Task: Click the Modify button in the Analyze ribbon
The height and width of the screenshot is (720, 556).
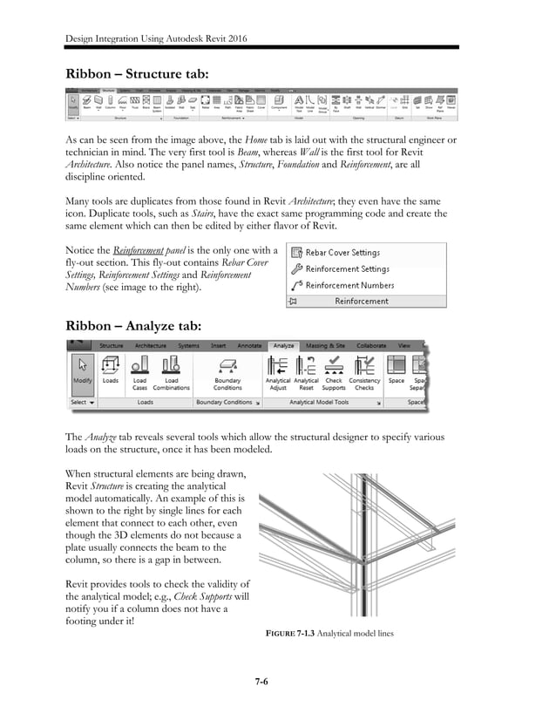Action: pyautogui.click(x=82, y=370)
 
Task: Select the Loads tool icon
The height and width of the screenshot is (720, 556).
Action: pyautogui.click(x=111, y=370)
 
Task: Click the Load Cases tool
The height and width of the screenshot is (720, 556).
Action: pyautogui.click(x=139, y=370)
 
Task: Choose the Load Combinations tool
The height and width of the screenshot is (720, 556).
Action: pyautogui.click(x=172, y=370)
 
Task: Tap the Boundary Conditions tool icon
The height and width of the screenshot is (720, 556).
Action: pyautogui.click(x=227, y=370)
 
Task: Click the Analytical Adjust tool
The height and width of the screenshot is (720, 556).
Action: pyautogui.click(x=277, y=370)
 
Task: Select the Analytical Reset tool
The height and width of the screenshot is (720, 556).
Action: pyautogui.click(x=306, y=370)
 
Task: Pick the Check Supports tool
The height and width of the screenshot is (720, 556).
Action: pyautogui.click(x=334, y=370)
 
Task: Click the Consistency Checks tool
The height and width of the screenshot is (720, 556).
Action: pyautogui.click(x=364, y=370)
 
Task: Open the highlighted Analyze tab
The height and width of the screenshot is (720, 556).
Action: pyautogui.click(x=283, y=345)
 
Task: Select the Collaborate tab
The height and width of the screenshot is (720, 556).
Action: pyautogui.click(x=371, y=345)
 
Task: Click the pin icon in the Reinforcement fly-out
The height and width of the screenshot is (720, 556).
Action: pyautogui.click(x=294, y=301)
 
